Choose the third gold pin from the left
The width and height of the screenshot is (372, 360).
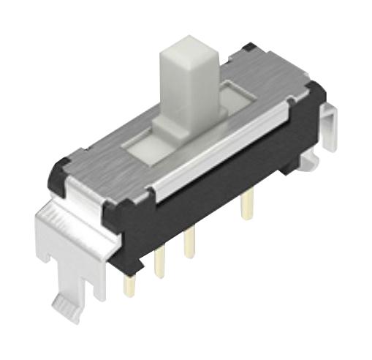189,246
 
